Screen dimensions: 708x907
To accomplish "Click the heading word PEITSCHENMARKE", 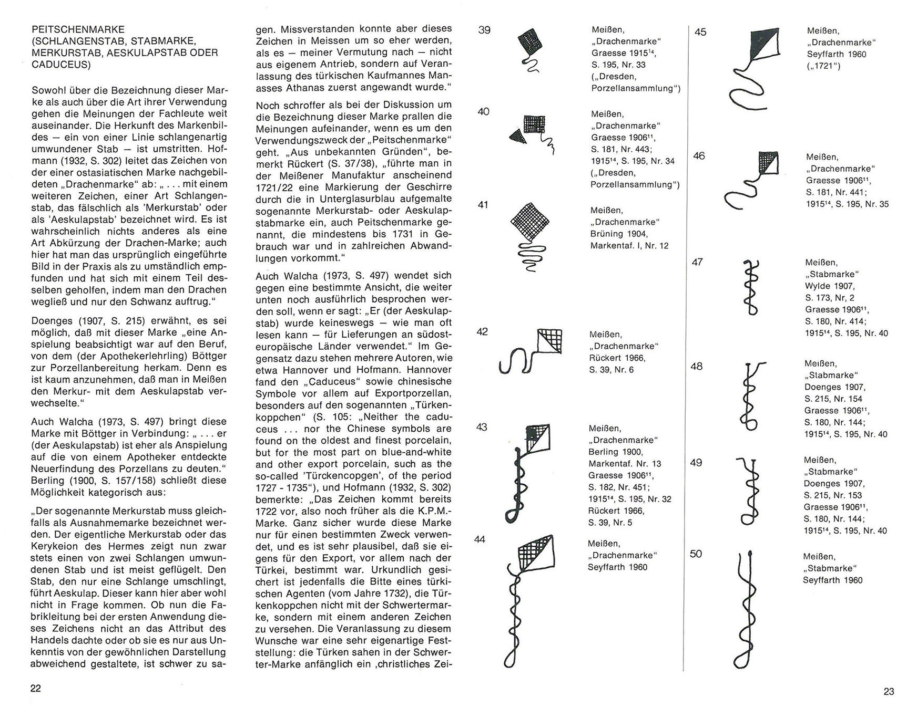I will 78,29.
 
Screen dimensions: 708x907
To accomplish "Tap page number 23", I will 888,691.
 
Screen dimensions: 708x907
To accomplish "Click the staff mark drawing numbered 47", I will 751,287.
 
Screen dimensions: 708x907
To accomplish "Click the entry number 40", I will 484,111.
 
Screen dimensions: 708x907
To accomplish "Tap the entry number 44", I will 480,539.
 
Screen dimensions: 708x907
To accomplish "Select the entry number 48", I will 696,366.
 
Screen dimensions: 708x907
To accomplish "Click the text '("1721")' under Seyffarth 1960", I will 823,66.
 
